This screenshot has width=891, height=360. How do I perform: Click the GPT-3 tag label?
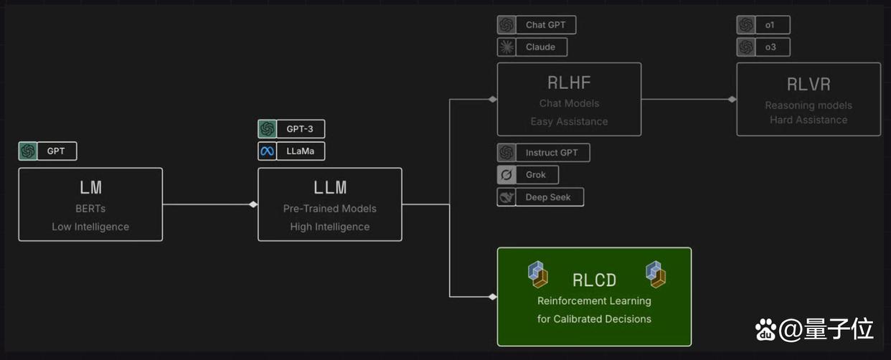click(x=300, y=129)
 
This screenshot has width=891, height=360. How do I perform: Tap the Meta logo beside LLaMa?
click(x=267, y=151)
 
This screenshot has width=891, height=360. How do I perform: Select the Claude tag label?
click(x=541, y=47)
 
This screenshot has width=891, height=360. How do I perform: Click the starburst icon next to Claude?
click(x=506, y=47)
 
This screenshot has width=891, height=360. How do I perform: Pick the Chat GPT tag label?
click(x=546, y=24)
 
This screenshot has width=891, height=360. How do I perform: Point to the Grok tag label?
click(x=536, y=175)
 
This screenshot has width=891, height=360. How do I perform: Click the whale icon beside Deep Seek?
click(x=506, y=197)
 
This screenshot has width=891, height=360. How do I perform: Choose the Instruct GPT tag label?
click(x=552, y=152)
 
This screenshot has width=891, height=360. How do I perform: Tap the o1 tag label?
click(x=770, y=24)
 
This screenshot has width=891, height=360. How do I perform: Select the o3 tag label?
click(x=770, y=47)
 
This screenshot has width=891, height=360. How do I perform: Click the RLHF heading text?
click(x=569, y=82)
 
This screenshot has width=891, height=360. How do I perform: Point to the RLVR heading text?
click(x=808, y=85)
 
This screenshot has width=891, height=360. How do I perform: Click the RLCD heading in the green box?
click(x=594, y=280)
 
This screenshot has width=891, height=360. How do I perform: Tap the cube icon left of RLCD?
click(x=538, y=274)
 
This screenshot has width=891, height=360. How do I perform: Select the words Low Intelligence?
click(x=90, y=227)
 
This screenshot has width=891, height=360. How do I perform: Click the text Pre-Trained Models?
click(x=330, y=209)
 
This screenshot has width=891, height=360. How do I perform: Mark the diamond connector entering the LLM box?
click(x=253, y=204)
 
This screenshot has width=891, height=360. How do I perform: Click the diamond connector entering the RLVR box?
click(x=732, y=99)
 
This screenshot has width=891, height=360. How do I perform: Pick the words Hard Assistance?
click(x=808, y=120)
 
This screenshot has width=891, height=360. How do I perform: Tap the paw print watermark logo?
click(x=765, y=330)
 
